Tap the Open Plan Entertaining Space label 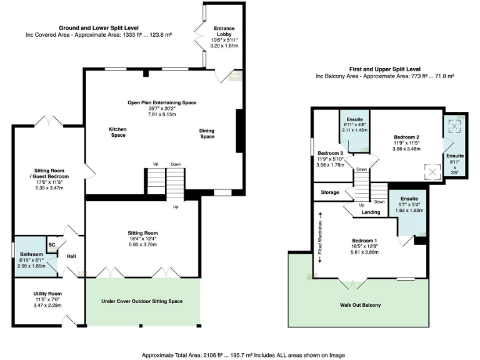162,102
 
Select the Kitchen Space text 118,132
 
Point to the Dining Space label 207,133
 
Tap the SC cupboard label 52,246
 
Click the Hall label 71,256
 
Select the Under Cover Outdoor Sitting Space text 142,301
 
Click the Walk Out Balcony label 360,305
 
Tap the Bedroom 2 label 406,136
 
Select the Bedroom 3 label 330,153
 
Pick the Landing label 371,212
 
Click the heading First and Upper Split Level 384,69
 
